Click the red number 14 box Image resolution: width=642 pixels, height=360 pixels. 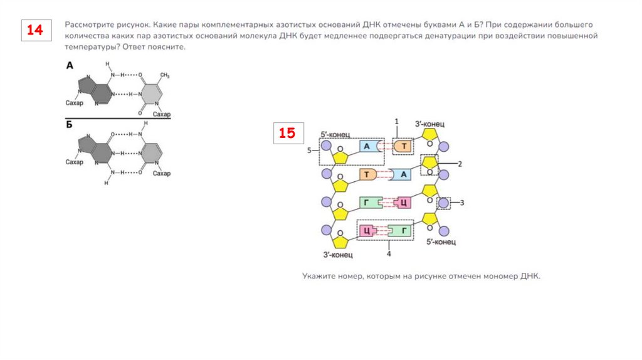point(34,31)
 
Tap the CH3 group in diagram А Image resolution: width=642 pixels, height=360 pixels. point(165,76)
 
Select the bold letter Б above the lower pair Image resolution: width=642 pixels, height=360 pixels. point(70,125)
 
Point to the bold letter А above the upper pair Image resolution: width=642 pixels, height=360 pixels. point(70,65)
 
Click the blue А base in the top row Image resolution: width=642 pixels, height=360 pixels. point(368,147)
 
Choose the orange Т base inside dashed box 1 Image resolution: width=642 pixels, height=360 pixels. point(404,147)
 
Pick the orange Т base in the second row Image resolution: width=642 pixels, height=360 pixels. point(366,174)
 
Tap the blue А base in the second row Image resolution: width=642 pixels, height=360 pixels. point(404,174)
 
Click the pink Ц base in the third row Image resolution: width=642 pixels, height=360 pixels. point(404,203)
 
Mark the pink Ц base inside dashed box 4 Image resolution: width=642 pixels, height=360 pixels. point(366,231)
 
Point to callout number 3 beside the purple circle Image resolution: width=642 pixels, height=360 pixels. point(461,203)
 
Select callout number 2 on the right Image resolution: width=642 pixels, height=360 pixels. point(460,164)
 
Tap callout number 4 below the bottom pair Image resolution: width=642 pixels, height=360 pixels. point(389,254)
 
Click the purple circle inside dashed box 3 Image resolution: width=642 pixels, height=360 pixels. point(443,203)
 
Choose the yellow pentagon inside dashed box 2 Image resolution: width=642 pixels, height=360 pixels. point(430,163)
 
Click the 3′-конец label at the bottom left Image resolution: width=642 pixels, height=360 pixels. point(338,255)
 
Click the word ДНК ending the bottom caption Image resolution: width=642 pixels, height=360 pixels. point(530,276)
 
